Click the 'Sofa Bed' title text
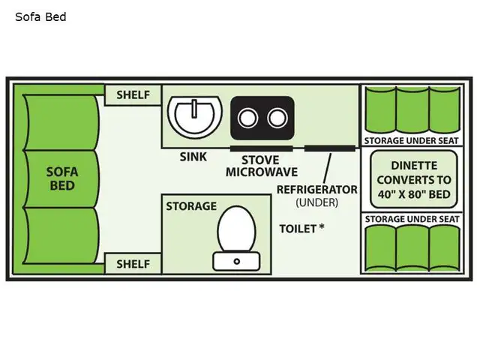click(x=40, y=16)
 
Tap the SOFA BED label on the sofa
click(x=62, y=178)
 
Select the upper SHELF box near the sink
click(x=133, y=95)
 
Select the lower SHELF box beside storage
click(x=133, y=264)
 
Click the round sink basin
click(x=195, y=116)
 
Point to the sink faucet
click(x=194, y=109)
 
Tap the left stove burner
click(x=247, y=118)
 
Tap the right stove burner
click(x=277, y=118)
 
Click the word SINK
click(x=193, y=157)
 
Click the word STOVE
click(x=260, y=160)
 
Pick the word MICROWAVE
click(x=262, y=172)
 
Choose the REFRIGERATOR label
click(x=317, y=190)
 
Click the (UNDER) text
click(x=317, y=202)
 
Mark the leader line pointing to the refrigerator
click(x=327, y=168)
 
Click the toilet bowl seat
click(x=237, y=229)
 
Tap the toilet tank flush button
click(x=237, y=262)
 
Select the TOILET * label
click(x=301, y=229)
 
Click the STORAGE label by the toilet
click(x=191, y=206)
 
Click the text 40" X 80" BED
click(x=414, y=194)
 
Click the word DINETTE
click(x=414, y=166)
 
